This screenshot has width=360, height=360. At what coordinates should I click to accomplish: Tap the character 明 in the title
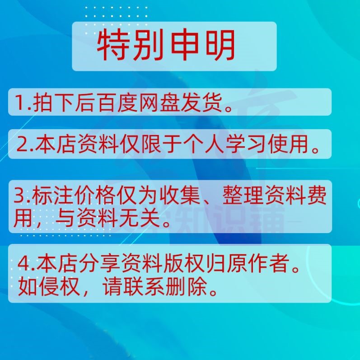pyautogui.click(x=220, y=46)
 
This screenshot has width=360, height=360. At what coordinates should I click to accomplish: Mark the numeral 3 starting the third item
pyautogui.click(x=19, y=198)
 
